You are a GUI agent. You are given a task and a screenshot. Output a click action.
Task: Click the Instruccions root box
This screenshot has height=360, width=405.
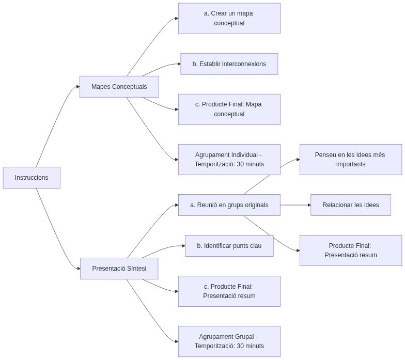[32, 178]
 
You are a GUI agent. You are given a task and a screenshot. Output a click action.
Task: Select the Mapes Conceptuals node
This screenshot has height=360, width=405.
[119, 87]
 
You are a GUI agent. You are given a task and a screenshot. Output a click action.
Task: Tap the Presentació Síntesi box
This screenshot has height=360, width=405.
[119, 269]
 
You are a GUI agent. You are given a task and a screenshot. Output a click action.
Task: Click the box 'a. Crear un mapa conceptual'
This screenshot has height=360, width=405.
[229, 18]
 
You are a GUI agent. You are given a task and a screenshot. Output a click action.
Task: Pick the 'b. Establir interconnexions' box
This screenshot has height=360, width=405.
[229, 64]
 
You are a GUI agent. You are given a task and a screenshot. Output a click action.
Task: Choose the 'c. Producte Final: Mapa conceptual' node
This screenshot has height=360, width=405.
[229, 109]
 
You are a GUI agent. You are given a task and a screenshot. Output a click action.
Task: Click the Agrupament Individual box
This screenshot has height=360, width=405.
[229, 160]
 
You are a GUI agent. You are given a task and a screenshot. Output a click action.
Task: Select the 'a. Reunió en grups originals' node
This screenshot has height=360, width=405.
[229, 205]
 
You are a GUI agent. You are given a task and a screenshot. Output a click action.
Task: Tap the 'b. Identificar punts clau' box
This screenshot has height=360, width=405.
[229, 246]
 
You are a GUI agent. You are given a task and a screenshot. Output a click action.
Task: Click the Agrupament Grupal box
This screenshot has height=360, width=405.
[229, 341]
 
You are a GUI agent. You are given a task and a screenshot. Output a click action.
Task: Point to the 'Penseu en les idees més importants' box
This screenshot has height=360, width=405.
[350, 160]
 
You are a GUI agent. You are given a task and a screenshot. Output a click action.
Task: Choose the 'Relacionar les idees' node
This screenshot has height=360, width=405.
[350, 205]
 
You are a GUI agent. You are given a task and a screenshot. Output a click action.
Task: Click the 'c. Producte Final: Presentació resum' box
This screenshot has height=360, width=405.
[229, 291]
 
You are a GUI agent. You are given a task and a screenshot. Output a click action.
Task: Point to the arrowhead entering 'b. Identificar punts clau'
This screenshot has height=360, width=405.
[183, 246]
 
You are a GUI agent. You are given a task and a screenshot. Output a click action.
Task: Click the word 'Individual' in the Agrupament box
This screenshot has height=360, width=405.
[242, 155]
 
